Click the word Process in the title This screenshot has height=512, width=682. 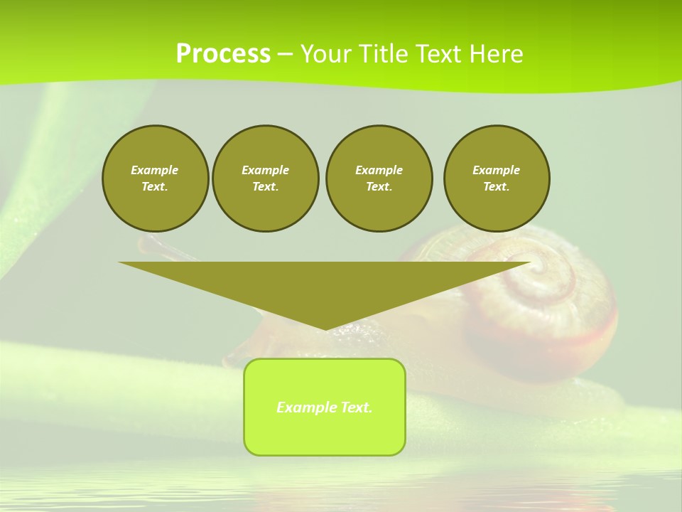pyautogui.click(x=223, y=54)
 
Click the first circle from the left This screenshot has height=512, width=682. pyautogui.click(x=155, y=178)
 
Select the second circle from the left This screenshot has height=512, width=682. pyautogui.click(x=265, y=178)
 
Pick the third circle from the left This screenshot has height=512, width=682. pyautogui.click(x=379, y=178)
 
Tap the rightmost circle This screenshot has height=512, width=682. pyautogui.click(x=497, y=178)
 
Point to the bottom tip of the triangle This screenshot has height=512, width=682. pyautogui.click(x=325, y=329)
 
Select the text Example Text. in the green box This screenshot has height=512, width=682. pyautogui.click(x=325, y=407)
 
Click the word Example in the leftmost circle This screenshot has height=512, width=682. pyautogui.click(x=155, y=170)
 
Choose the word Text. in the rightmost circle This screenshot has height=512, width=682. pyautogui.click(x=497, y=187)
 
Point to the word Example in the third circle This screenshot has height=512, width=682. pyautogui.click(x=379, y=170)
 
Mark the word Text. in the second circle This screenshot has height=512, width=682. pyautogui.click(x=265, y=187)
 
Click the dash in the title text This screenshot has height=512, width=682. pyautogui.click(x=285, y=54)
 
